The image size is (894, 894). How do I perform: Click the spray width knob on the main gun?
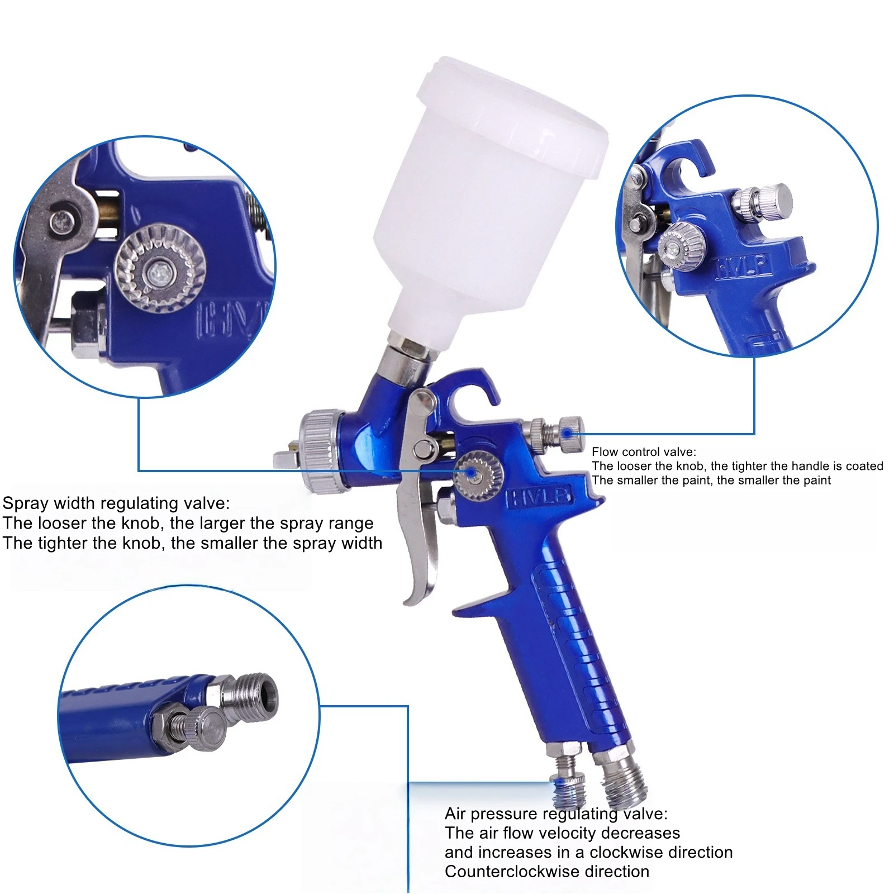477,475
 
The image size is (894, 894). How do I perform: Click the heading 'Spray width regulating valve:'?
116,503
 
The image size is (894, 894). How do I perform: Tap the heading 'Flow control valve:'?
644,452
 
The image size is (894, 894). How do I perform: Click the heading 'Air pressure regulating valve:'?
556,814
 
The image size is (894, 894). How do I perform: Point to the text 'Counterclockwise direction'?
547,872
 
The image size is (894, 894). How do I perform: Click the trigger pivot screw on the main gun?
426,449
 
